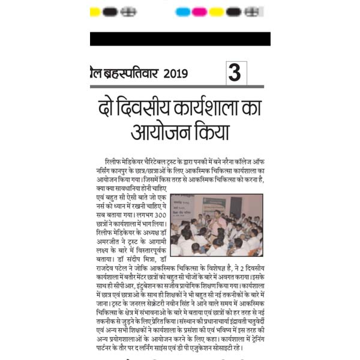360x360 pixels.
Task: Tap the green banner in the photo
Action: [214, 203]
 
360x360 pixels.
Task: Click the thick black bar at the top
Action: [180, 39]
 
